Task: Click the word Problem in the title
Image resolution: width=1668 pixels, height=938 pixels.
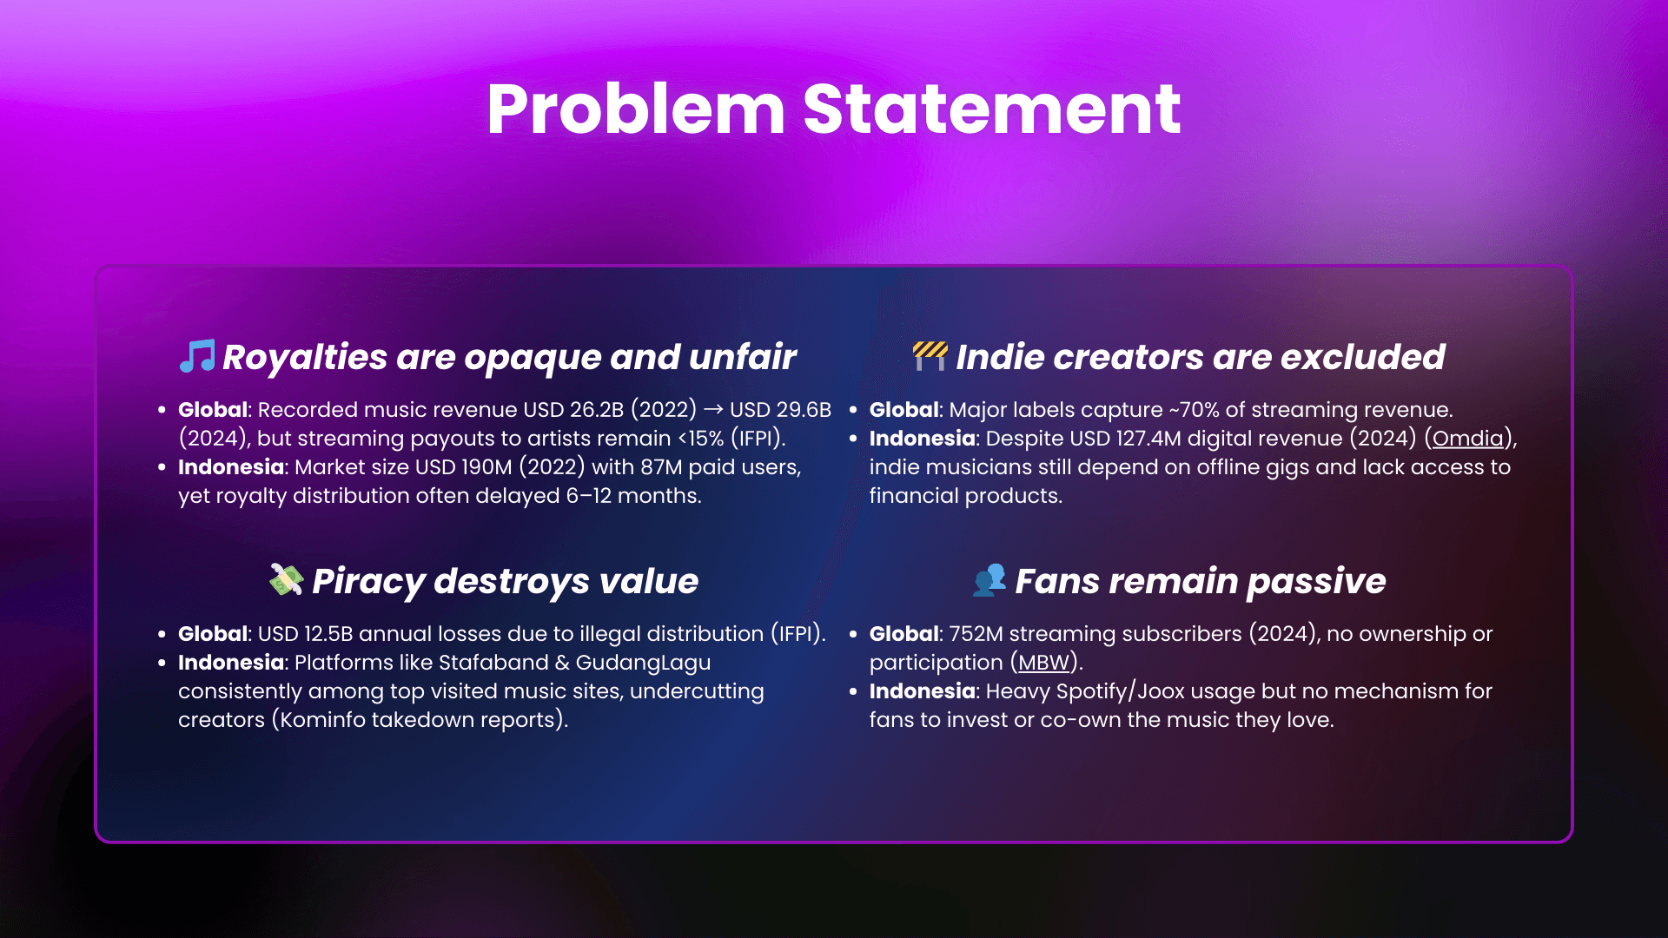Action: (x=635, y=109)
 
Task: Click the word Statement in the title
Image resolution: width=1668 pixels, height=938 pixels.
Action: (x=991, y=109)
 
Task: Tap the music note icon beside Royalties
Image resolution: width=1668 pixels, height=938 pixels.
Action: (x=197, y=356)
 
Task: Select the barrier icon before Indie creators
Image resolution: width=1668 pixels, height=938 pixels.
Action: (x=930, y=355)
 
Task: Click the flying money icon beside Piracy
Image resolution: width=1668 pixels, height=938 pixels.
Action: (x=286, y=579)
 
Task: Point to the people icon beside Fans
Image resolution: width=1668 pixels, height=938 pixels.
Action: (x=990, y=579)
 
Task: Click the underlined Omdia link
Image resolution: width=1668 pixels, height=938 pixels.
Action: (x=1467, y=439)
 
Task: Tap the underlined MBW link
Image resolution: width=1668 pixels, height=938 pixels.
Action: (x=1043, y=663)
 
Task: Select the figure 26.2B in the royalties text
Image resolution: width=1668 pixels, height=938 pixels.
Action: (x=597, y=410)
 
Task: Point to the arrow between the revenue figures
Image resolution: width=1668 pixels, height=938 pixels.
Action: (x=713, y=410)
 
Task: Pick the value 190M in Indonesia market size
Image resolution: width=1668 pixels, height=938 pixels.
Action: (x=486, y=467)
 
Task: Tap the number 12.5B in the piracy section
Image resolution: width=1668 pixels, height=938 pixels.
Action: (x=328, y=634)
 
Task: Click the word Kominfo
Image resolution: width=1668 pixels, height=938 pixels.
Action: (x=322, y=720)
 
